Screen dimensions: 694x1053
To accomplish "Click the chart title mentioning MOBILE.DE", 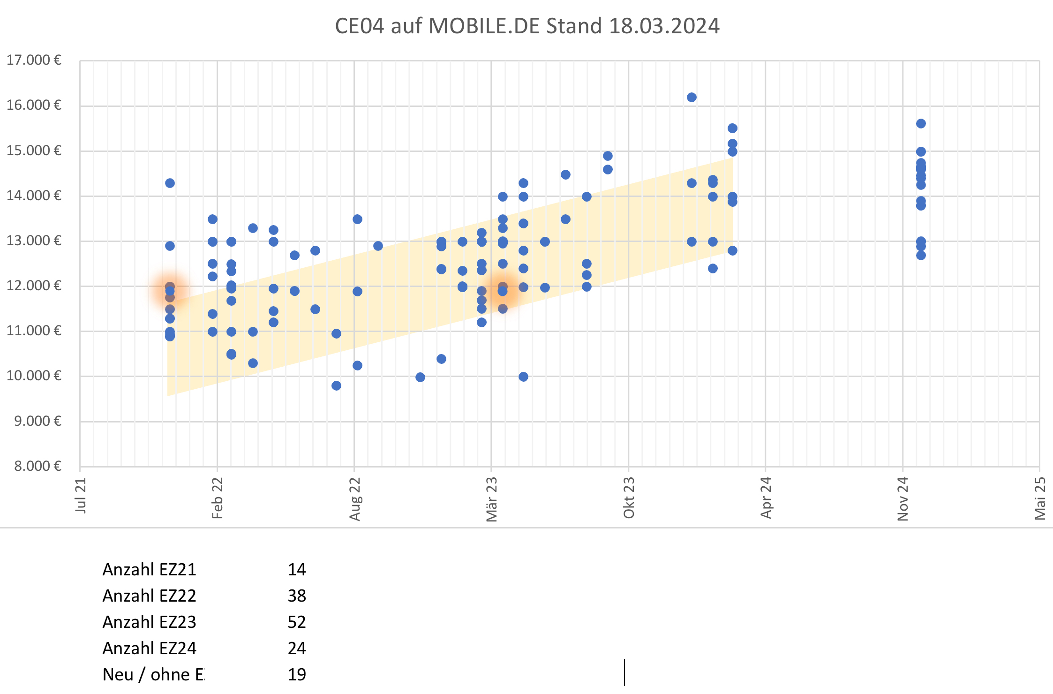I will (527, 26).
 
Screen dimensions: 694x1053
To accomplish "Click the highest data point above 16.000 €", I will (692, 97).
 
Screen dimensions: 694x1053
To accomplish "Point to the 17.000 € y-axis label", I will (34, 60).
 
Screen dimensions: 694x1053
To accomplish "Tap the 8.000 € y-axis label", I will (38, 466).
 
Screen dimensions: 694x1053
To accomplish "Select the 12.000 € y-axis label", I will (34, 286).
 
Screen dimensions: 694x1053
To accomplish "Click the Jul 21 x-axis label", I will (81, 495).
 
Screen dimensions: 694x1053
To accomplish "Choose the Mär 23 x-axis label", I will (491, 499).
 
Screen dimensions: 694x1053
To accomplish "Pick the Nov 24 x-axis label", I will (903, 499).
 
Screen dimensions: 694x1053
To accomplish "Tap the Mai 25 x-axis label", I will (1040, 498).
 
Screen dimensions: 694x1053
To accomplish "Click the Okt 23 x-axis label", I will (629, 498).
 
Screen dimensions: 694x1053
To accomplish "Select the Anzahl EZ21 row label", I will (149, 569).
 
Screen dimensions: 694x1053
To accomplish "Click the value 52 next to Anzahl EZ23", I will (297, 622).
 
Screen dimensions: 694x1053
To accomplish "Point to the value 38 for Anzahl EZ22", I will (297, 596).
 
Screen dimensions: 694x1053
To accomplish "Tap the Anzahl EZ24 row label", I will (149, 648).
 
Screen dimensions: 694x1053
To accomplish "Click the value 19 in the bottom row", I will (297, 674).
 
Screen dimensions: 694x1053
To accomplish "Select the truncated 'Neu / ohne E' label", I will (153, 674).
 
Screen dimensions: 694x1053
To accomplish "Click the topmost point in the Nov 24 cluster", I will (921, 123).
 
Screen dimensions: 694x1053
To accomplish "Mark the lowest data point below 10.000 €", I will (336, 385).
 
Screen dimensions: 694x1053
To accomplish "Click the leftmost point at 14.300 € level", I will (170, 183).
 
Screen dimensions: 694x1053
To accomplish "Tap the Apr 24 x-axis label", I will (766, 498).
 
